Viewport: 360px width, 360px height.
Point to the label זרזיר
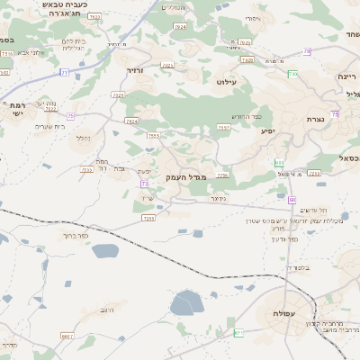[x=135, y=70]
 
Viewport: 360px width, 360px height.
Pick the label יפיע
[x=267, y=131]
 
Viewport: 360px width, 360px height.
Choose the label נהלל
[x=80, y=138]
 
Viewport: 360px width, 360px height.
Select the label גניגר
[x=216, y=198]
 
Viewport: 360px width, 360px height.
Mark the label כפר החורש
[x=245, y=117]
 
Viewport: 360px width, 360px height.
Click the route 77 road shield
[x=65, y=72]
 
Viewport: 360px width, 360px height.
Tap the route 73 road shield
[x=144, y=184]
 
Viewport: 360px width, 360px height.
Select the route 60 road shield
[x=292, y=200]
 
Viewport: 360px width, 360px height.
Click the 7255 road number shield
[x=148, y=218]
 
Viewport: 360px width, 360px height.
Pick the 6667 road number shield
[x=66, y=336]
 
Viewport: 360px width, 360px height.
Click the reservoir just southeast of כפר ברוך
[x=105, y=251]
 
